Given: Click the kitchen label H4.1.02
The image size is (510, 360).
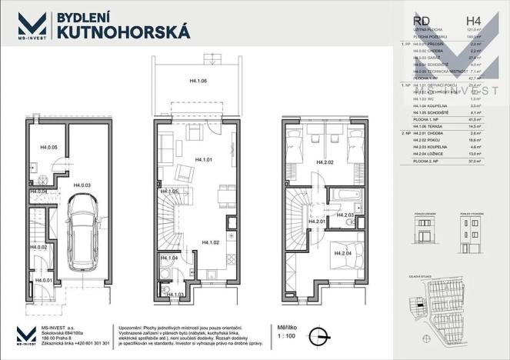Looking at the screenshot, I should click(212, 243).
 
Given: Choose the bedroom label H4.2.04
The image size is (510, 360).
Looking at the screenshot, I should click(343, 253).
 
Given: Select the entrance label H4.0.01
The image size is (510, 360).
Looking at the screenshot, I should click(44, 282).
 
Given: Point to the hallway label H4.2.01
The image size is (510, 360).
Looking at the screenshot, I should click(317, 222).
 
